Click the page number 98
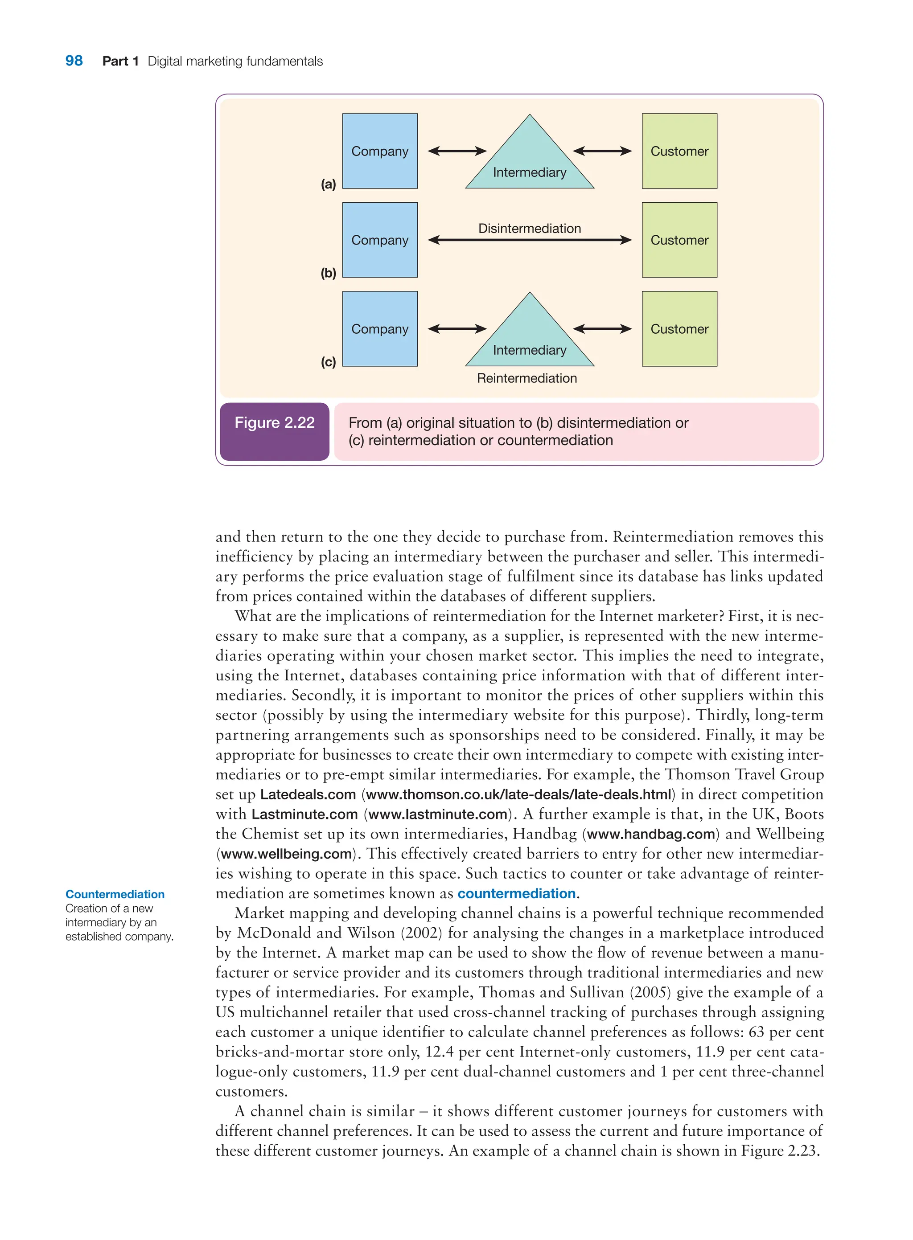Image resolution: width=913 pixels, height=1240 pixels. [74, 61]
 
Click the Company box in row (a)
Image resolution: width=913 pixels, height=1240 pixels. [380, 151]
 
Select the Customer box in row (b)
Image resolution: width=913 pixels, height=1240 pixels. [679, 240]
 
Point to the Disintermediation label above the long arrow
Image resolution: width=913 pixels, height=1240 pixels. [530, 228]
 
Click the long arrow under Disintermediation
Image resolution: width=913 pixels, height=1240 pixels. [530, 240]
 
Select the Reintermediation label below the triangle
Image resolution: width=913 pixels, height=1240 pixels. [526, 378]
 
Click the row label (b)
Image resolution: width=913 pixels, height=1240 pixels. [328, 273]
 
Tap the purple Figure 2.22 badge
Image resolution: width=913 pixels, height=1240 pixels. [274, 431]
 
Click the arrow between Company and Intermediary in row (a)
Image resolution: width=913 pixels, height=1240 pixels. [457, 151]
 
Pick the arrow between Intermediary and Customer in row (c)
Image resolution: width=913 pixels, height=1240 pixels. [602, 329]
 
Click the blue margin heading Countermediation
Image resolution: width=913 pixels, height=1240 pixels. [115, 894]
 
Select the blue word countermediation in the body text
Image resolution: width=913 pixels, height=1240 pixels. [516, 893]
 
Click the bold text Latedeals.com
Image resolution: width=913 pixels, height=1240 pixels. [308, 794]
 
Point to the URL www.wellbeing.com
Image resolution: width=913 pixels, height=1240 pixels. [286, 854]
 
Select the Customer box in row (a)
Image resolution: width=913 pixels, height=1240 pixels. [679, 151]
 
